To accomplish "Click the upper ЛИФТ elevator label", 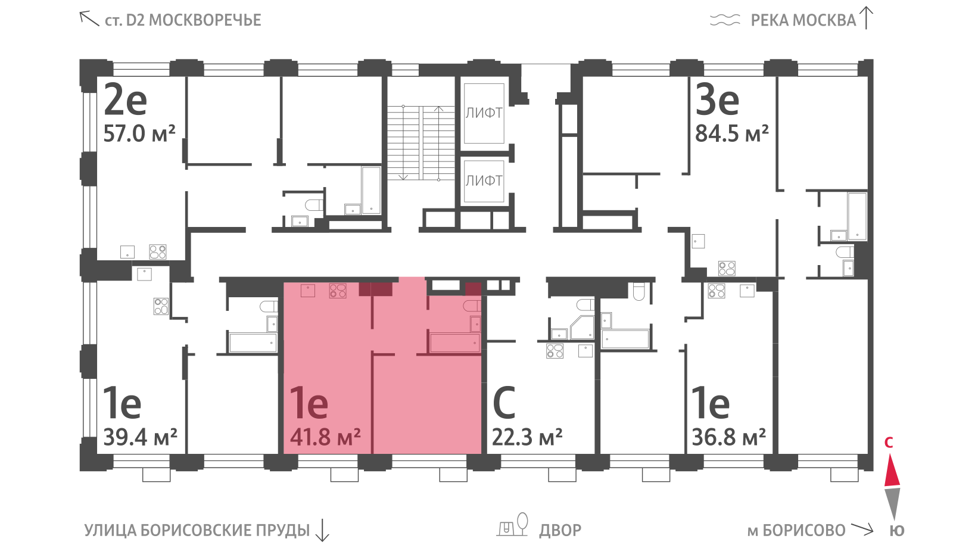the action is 484,113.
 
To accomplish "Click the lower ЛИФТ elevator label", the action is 484,181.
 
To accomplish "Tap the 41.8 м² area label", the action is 325,437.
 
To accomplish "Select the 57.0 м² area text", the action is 139,133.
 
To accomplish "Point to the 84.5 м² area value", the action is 732,133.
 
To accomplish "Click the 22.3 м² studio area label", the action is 527,437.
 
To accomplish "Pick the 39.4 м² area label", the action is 140,437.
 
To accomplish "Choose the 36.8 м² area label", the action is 729,437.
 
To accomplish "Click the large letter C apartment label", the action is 504,402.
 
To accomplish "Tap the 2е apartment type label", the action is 126,101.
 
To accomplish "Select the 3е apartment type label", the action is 717,101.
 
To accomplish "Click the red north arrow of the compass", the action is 892,470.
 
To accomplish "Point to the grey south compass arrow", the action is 892,504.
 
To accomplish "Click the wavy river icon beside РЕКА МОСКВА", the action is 725,20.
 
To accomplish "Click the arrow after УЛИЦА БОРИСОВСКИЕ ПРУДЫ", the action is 322,530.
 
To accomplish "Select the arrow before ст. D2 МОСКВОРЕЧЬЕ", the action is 89,18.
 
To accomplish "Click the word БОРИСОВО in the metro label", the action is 804,531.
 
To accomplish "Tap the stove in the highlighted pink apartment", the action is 338,291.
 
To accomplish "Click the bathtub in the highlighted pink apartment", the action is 455,343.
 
